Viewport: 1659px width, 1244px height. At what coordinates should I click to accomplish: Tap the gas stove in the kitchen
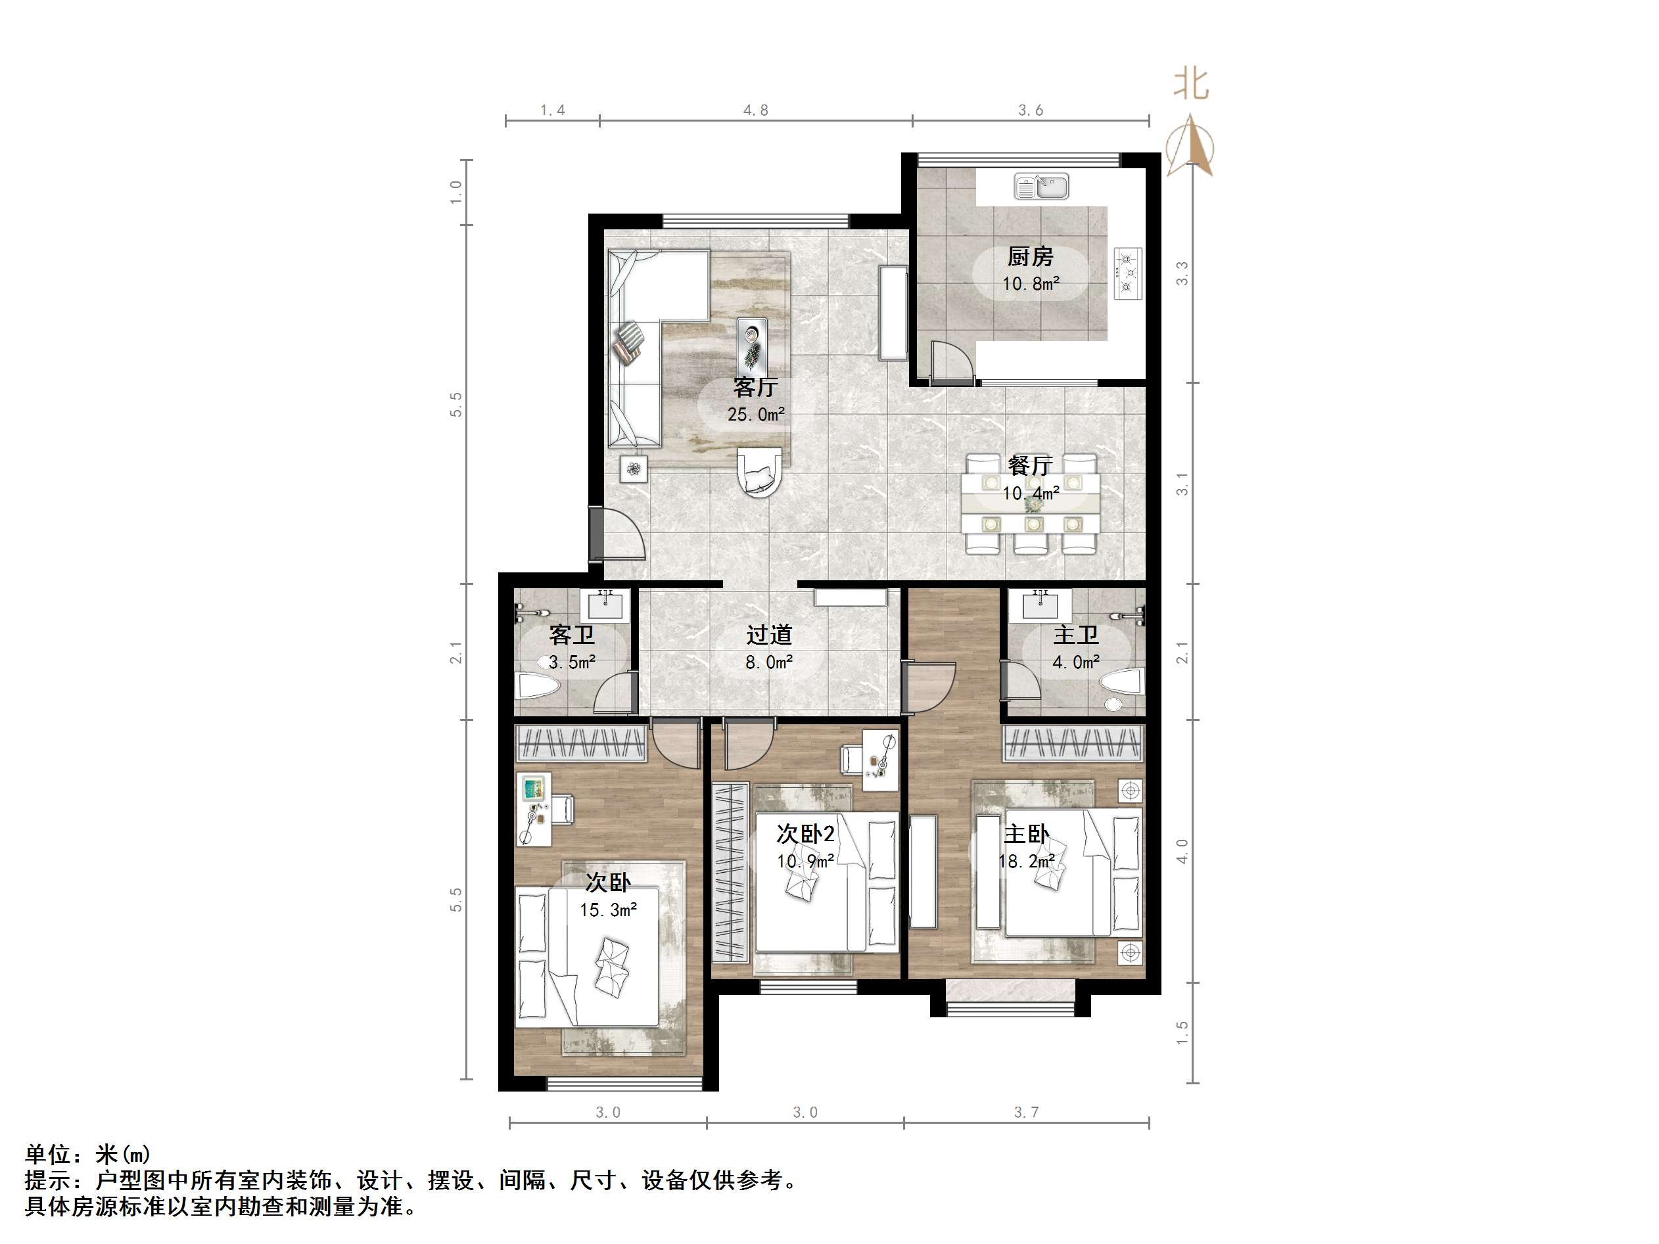tap(1127, 273)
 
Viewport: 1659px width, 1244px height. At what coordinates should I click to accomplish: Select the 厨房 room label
tap(1030, 257)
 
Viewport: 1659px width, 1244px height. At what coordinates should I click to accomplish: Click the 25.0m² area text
tap(756, 415)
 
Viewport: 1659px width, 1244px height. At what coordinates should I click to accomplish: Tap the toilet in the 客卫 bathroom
tap(538, 685)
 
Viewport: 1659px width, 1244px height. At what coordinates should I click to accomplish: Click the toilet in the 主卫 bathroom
tap(1121, 681)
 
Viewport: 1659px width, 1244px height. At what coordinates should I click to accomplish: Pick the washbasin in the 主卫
tap(1040, 605)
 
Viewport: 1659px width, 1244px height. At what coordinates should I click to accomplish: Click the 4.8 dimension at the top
tap(755, 110)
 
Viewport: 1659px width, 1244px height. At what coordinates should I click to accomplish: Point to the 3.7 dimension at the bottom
tap(1026, 1112)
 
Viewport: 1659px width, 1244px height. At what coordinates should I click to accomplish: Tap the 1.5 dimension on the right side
tap(1182, 1032)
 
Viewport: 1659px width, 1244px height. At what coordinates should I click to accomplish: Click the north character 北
tap(1191, 83)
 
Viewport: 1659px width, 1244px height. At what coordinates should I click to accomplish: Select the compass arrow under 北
tap(1190, 145)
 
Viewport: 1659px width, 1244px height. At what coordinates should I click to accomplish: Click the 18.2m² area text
tap(1027, 861)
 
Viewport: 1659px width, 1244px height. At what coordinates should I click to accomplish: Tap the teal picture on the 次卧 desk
tap(533, 788)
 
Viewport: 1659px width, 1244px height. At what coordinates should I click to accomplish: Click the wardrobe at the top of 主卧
tap(1073, 743)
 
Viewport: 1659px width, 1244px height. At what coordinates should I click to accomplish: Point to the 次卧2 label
tap(805, 834)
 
